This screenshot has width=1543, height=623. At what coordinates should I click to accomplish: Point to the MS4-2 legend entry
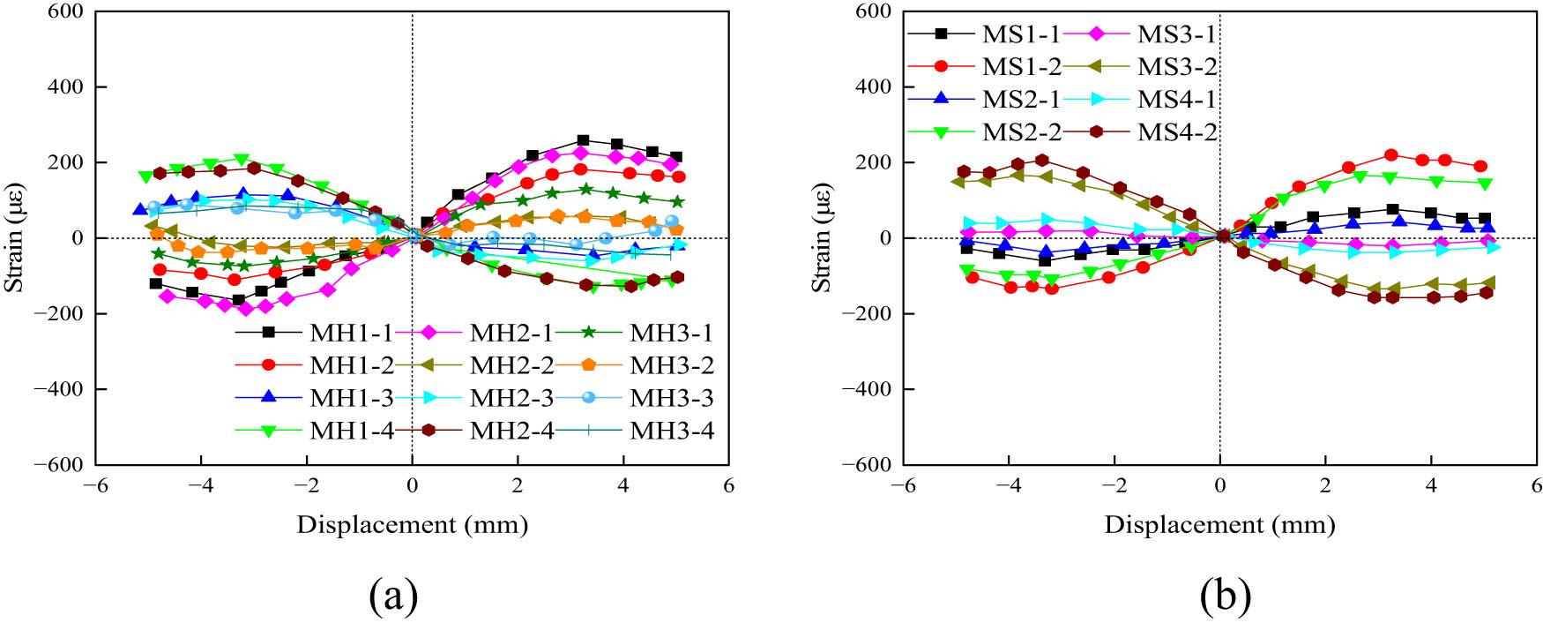click(1177, 131)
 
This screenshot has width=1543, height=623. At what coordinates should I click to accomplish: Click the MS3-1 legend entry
click(1177, 34)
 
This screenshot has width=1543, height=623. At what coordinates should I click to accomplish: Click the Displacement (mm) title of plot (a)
click(412, 525)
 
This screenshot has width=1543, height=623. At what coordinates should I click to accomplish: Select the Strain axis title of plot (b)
click(822, 237)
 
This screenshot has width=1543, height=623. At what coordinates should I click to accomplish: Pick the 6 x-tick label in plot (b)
click(1537, 486)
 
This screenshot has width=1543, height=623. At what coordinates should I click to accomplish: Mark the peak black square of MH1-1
click(583, 140)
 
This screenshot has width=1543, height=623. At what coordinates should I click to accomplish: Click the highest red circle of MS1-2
click(1391, 155)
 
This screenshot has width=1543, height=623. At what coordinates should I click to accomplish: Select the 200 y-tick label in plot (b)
click(874, 162)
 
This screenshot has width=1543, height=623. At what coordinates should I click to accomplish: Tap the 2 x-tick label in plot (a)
click(518, 486)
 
